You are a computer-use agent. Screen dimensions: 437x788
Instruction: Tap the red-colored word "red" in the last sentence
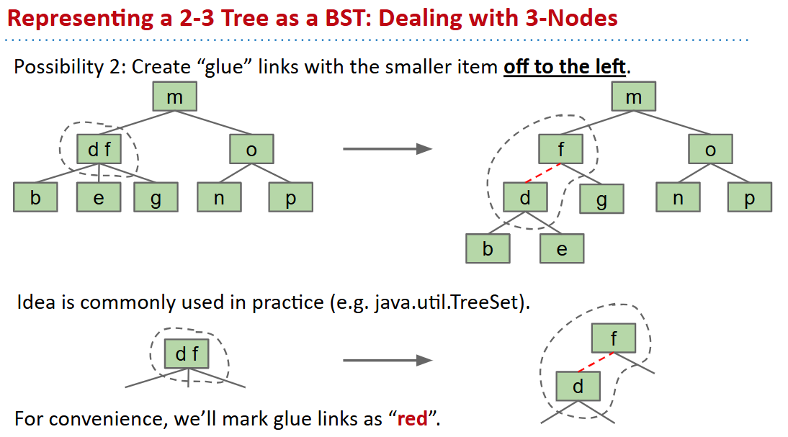pos(412,419)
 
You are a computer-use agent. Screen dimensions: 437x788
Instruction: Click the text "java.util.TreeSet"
pos(449,302)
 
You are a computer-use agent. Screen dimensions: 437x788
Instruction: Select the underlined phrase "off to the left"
pos(565,68)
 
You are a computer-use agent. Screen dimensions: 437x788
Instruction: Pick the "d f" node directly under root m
pos(99,150)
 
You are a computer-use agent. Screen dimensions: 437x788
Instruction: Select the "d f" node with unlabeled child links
pos(187,354)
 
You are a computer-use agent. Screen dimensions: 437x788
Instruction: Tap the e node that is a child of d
pos(562,249)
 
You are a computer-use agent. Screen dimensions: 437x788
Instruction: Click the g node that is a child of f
pos(601,199)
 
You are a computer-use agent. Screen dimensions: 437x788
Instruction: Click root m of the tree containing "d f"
pos(175,96)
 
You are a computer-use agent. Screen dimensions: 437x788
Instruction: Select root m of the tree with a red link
pos(634,96)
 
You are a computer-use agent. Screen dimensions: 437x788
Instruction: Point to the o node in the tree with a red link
pos(711,150)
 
